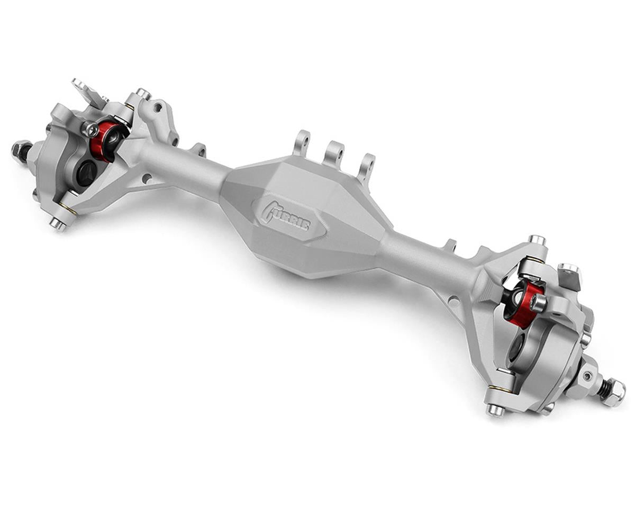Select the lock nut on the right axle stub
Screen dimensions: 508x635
(613, 393)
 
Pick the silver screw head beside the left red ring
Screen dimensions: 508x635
(90, 129)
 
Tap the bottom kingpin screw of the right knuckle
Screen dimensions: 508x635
(495, 409)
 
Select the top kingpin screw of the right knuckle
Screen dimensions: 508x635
(536, 241)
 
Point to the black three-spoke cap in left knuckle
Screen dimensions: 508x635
(86, 172)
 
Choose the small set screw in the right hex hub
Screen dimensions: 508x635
(587, 375)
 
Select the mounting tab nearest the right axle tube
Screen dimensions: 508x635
(449, 246)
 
